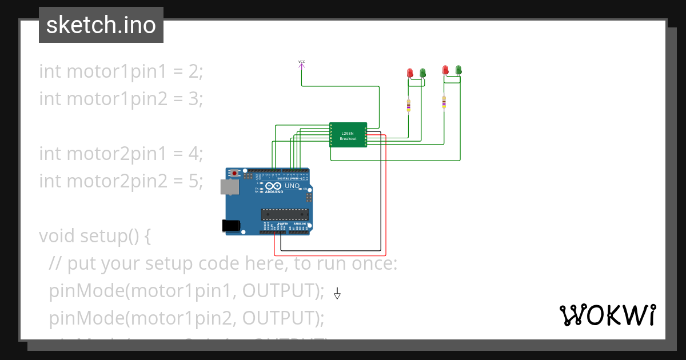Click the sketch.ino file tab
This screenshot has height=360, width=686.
[101, 25]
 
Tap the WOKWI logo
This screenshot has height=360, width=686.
[607, 315]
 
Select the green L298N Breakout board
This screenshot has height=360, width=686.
[348, 135]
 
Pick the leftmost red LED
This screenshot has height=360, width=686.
[410, 73]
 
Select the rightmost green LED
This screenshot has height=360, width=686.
[458, 70]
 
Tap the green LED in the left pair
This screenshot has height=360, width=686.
[423, 73]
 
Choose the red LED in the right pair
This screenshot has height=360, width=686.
[445, 70]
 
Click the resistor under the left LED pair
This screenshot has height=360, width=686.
[408, 106]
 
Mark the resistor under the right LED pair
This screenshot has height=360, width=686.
[444, 102]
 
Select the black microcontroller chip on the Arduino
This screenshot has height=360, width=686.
[285, 214]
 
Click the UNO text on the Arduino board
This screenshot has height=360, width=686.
[292, 186]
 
